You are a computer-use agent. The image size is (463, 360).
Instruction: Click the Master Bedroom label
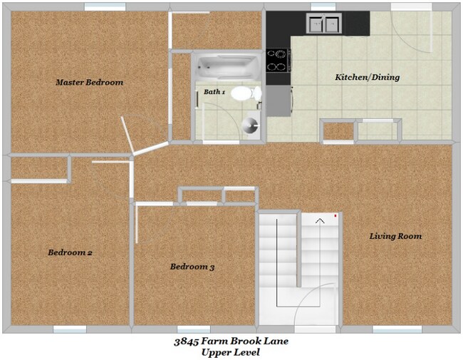tap(89, 83)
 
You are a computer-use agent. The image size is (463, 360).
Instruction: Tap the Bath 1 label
tap(214, 92)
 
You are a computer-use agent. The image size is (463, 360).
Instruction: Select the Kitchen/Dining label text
tap(367, 77)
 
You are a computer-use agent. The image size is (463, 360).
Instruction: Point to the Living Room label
tap(395, 236)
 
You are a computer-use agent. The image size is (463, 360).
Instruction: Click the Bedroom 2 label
tap(70, 252)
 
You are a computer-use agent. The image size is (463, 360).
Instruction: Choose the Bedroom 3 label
tap(192, 267)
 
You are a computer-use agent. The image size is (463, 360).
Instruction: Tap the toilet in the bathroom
tap(244, 93)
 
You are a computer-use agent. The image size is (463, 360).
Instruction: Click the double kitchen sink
tap(324, 25)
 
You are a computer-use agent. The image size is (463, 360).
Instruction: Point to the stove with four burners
tap(277, 61)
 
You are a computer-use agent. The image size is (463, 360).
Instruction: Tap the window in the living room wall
tap(397, 329)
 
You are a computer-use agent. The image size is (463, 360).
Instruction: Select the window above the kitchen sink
tap(323, 7)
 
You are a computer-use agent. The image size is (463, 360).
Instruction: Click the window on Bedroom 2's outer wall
tap(70, 329)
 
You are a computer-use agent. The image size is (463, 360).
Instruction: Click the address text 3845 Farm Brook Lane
tap(231, 341)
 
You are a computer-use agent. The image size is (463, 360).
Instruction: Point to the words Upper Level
tap(231, 353)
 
